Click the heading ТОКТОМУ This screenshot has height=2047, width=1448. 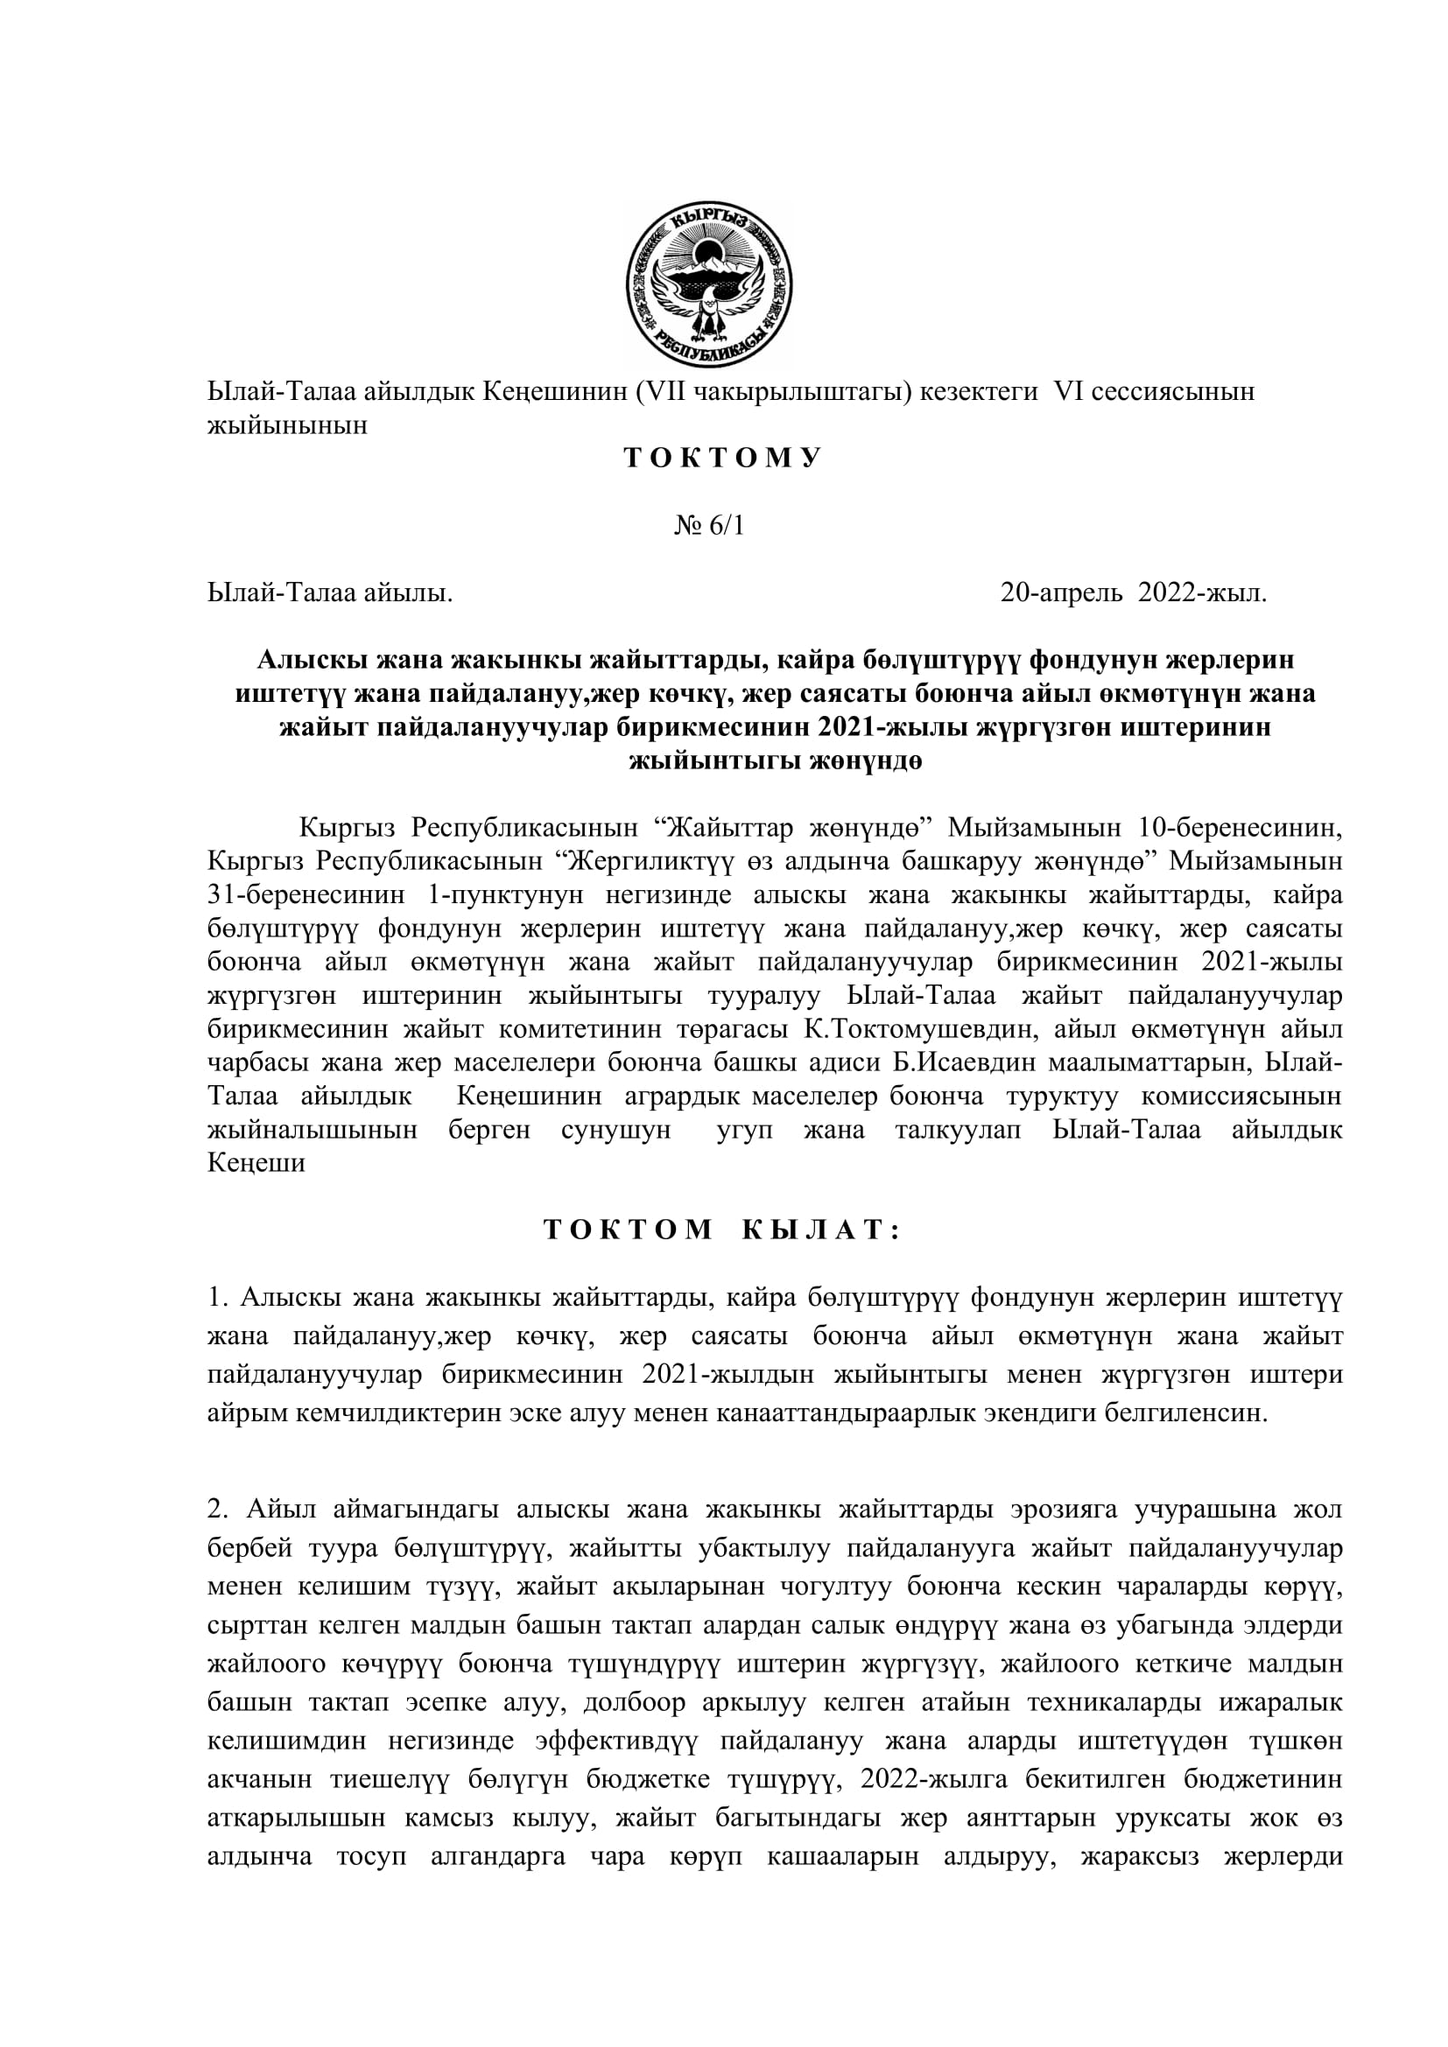[722, 459]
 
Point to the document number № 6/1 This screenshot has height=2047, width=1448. [709, 526]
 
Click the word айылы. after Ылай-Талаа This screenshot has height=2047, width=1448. [407, 592]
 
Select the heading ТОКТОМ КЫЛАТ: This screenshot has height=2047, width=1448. [722, 1230]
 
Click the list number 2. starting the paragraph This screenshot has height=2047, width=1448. [219, 1510]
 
